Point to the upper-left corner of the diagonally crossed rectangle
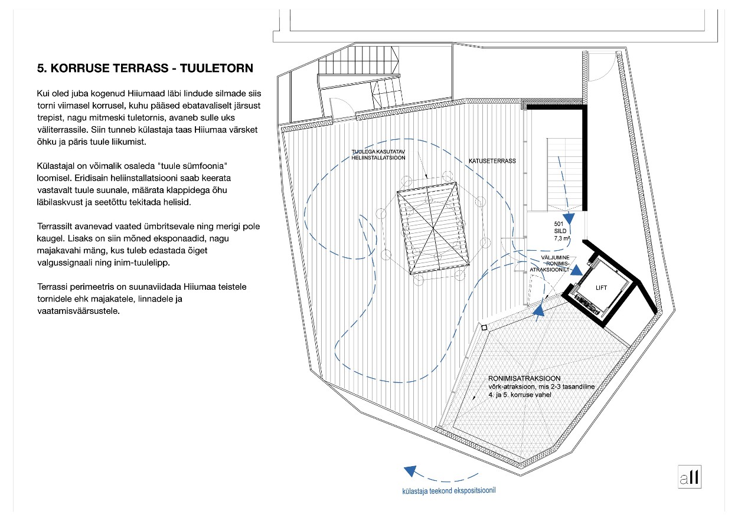397,192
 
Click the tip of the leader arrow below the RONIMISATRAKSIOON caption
474,399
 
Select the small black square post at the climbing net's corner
484,327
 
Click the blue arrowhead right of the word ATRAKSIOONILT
577,270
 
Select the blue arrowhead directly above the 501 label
569,218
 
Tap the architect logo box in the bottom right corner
689,477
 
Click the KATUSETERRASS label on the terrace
492,161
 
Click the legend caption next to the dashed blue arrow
449,491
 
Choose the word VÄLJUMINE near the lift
555,257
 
